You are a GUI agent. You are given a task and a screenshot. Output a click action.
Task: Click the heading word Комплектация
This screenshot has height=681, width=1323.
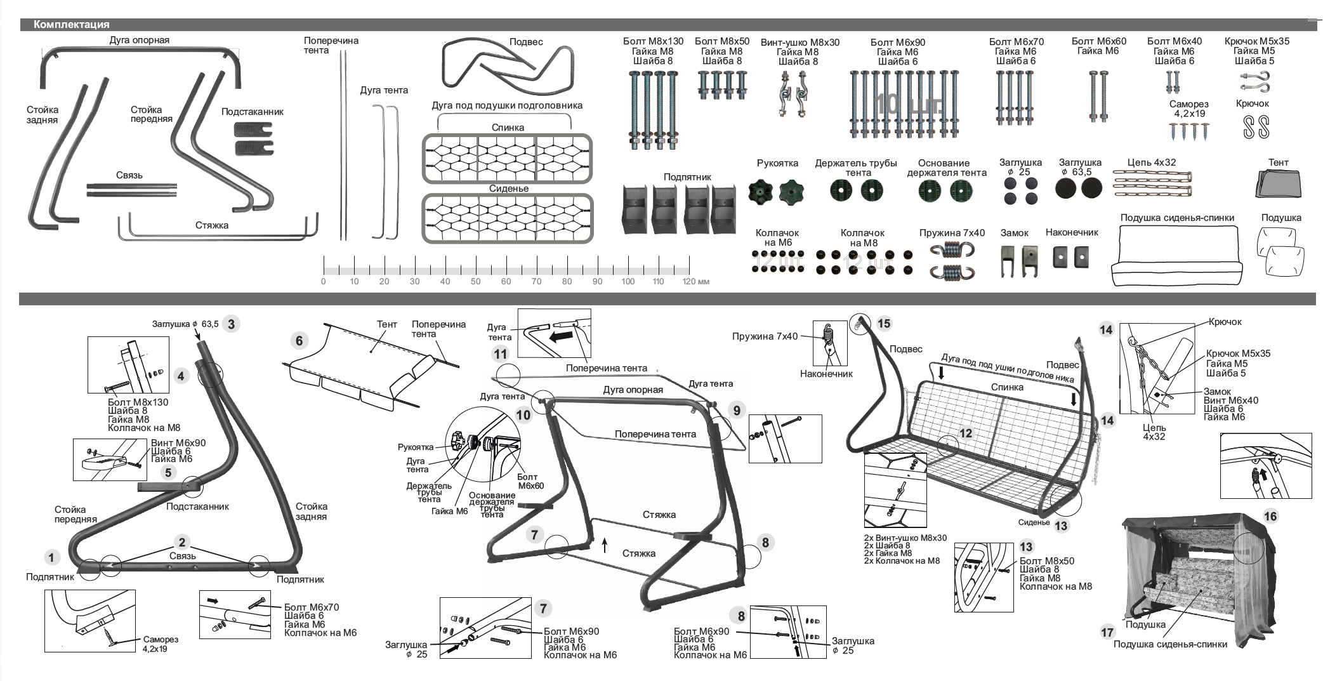click(71, 25)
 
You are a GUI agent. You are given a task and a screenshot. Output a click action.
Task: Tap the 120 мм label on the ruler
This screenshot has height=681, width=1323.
click(695, 281)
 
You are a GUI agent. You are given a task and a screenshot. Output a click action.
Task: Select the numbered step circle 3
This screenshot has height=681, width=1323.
click(231, 324)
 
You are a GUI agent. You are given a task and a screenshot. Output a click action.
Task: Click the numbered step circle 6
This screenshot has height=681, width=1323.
click(299, 341)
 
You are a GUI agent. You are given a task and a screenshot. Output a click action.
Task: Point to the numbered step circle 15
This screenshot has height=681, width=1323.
click(883, 324)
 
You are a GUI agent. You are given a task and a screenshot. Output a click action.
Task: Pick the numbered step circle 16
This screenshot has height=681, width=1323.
click(1270, 516)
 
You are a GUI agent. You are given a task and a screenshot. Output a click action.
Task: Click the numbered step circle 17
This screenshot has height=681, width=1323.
click(1107, 632)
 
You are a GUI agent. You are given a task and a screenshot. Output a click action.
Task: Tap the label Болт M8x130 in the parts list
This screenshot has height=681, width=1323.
click(653, 42)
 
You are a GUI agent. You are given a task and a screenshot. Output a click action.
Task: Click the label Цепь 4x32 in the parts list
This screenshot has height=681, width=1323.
click(1151, 162)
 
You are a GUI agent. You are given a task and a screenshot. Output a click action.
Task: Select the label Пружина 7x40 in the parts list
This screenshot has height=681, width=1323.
click(952, 233)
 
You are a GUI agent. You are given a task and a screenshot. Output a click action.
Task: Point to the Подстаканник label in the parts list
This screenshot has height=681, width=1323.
click(252, 112)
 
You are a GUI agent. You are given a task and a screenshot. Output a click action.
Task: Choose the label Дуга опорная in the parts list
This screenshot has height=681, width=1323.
click(139, 40)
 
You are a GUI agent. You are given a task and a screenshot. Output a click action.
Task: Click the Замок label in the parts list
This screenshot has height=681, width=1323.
click(1014, 233)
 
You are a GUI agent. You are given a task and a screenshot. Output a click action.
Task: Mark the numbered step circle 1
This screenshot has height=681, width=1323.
click(51, 558)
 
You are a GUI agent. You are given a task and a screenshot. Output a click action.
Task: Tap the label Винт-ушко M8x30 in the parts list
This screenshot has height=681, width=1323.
click(800, 43)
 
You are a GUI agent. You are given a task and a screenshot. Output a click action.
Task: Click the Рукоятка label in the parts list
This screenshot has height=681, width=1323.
click(777, 163)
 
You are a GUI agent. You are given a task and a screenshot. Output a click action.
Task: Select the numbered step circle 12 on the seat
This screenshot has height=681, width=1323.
click(966, 433)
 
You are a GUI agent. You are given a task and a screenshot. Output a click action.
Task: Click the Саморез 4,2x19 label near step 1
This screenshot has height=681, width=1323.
click(160, 644)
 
